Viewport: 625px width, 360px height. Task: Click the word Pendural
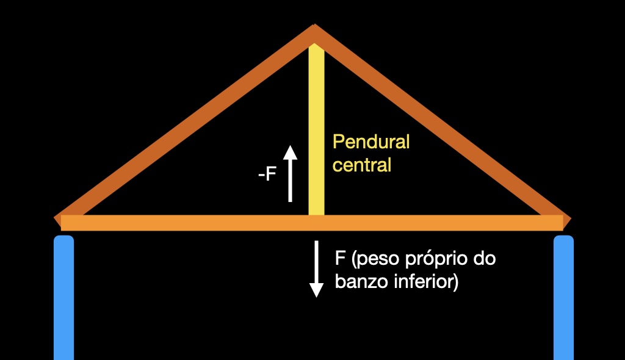(x=370, y=143)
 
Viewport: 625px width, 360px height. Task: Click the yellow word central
(x=361, y=165)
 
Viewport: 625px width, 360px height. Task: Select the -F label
(x=267, y=175)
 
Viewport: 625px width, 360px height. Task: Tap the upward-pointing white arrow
(x=291, y=173)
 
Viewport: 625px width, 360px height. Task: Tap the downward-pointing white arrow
(x=316, y=268)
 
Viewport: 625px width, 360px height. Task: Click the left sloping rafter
(x=183, y=122)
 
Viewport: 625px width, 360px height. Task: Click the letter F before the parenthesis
(x=340, y=258)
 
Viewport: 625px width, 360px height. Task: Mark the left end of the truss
(x=59, y=220)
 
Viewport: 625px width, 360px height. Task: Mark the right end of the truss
(x=567, y=220)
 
